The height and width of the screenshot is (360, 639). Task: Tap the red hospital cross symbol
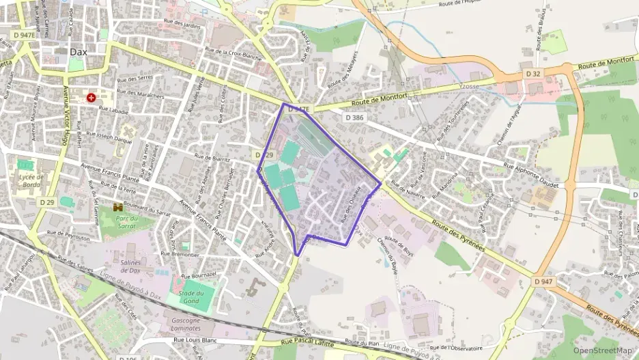[91, 98]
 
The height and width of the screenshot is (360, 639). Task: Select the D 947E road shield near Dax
[23, 34]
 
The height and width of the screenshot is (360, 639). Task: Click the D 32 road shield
[532, 72]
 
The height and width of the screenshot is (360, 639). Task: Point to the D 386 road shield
[354, 118]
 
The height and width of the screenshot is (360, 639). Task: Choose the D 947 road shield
[543, 281]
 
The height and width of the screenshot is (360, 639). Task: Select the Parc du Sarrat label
[126, 221]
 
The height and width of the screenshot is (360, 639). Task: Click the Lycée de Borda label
[32, 180]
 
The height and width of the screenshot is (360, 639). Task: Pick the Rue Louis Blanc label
[195, 340]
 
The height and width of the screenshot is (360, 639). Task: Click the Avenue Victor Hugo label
[66, 122]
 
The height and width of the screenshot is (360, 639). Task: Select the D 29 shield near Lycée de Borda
[46, 202]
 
